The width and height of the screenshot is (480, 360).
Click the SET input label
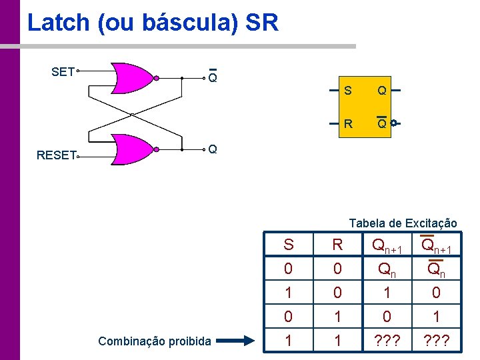[63, 71]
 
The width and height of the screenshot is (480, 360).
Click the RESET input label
[56, 155]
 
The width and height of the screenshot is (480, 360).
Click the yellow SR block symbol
[363, 106]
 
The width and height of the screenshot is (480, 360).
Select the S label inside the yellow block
[348, 90]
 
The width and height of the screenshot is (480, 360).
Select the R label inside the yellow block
[348, 123]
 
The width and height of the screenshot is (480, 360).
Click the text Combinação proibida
[155, 341]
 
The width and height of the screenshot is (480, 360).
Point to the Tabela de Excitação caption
[403, 223]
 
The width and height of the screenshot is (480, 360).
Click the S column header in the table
[288, 245]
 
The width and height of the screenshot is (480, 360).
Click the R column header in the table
[337, 245]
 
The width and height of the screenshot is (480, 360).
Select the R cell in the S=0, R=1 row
[337, 317]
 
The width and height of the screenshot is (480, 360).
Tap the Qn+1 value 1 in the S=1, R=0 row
[387, 293]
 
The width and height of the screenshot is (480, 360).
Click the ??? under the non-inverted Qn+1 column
[387, 341]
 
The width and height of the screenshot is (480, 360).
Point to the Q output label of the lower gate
[212, 149]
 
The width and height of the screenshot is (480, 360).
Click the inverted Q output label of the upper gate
[212, 78]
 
